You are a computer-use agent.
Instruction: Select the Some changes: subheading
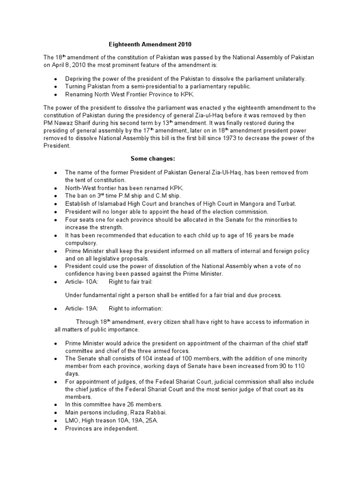tap(152, 158)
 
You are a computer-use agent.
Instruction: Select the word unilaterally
tap(288, 79)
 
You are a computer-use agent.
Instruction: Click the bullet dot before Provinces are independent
tap(56, 428)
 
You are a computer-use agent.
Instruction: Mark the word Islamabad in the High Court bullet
tap(106, 203)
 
